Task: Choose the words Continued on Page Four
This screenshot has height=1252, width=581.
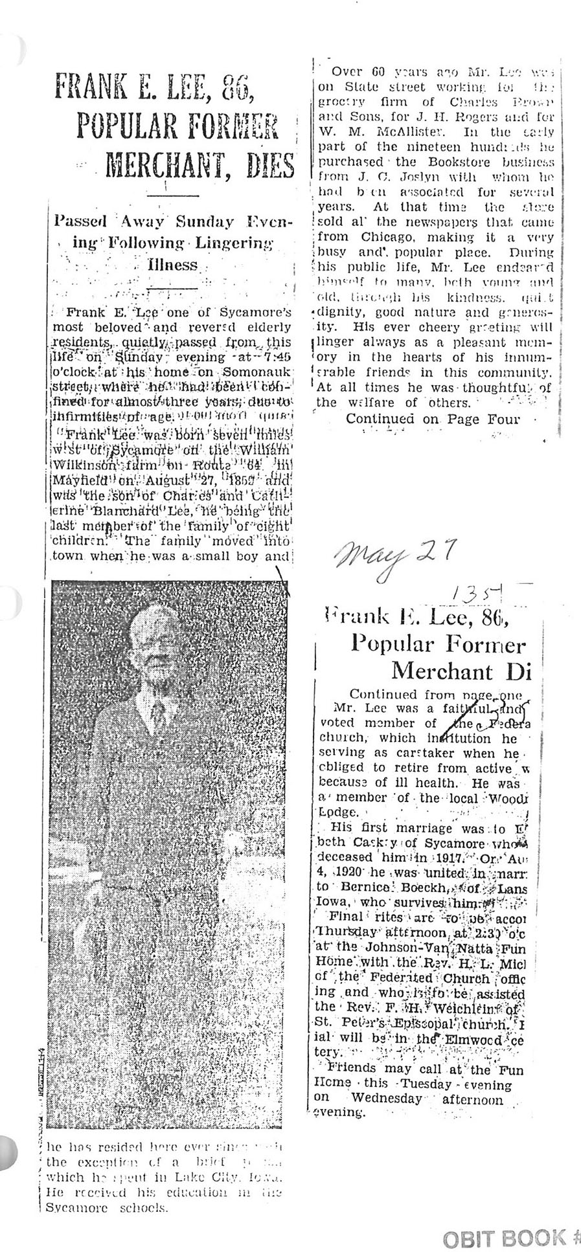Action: pos(432,419)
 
